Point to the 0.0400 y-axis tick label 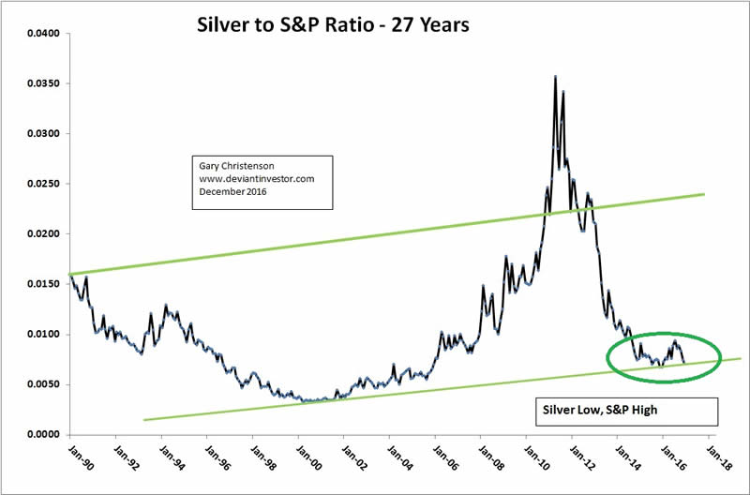tap(43, 34)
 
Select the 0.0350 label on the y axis tap(43, 83)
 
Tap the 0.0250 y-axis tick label tap(43, 184)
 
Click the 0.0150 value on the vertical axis tap(43, 284)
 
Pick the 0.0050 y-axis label tap(43, 384)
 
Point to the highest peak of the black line tap(556, 77)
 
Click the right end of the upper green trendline tap(703, 194)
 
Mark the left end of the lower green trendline tap(143, 419)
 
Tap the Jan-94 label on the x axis tap(157, 454)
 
